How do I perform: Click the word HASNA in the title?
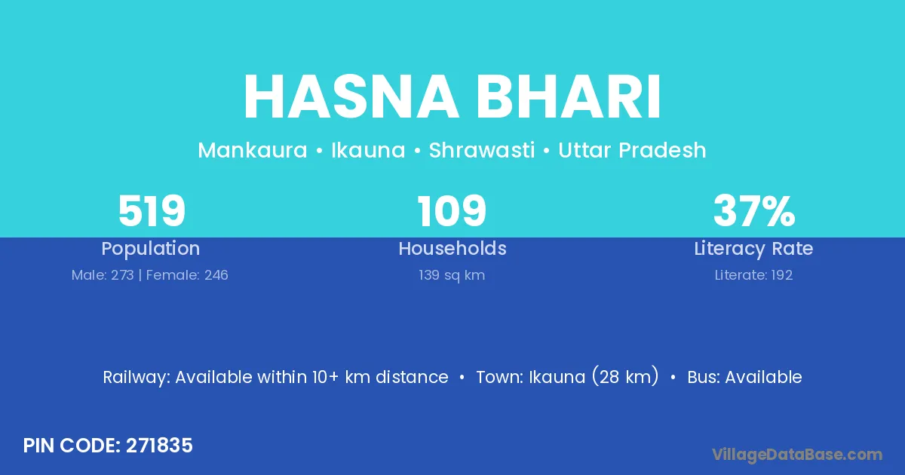point(351,97)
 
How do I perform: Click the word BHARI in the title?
point(568,97)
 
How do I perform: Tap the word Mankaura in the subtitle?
point(253,150)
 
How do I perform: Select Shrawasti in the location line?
point(482,150)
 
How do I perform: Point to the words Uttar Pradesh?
point(632,150)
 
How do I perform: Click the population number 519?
point(152,211)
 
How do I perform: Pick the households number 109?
point(452,211)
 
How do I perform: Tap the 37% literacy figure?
point(754,211)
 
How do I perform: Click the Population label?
point(151,249)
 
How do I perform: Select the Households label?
point(452,248)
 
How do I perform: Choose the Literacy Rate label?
point(753,249)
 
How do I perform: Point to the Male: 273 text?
point(103,275)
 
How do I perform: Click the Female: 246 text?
point(187,275)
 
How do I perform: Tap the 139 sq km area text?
point(452,275)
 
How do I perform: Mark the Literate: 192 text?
point(753,275)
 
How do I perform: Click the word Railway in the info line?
point(137,378)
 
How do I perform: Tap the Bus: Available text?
point(744,377)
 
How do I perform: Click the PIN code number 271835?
point(159,446)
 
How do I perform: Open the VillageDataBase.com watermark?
point(797,455)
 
